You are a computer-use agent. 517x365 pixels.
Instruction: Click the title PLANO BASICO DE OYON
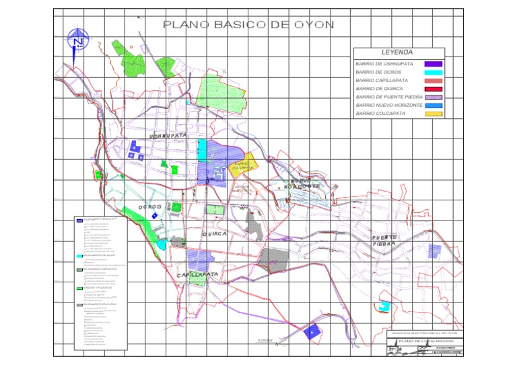[248, 26]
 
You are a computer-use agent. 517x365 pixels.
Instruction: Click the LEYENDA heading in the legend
[397, 52]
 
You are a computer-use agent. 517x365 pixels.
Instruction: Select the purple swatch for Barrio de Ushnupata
[433, 64]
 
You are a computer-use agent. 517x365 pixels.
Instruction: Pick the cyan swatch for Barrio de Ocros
[433, 72]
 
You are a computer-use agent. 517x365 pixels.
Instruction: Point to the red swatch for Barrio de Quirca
[433, 89]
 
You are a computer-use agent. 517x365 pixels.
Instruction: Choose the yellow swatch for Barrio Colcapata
[433, 114]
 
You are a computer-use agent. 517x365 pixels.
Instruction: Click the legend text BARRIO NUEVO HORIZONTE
[388, 106]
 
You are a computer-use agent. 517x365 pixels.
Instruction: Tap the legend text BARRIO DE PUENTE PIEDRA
[389, 97]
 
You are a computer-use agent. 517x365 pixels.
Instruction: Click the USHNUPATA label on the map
[168, 136]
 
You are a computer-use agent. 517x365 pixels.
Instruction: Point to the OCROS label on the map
[150, 207]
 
